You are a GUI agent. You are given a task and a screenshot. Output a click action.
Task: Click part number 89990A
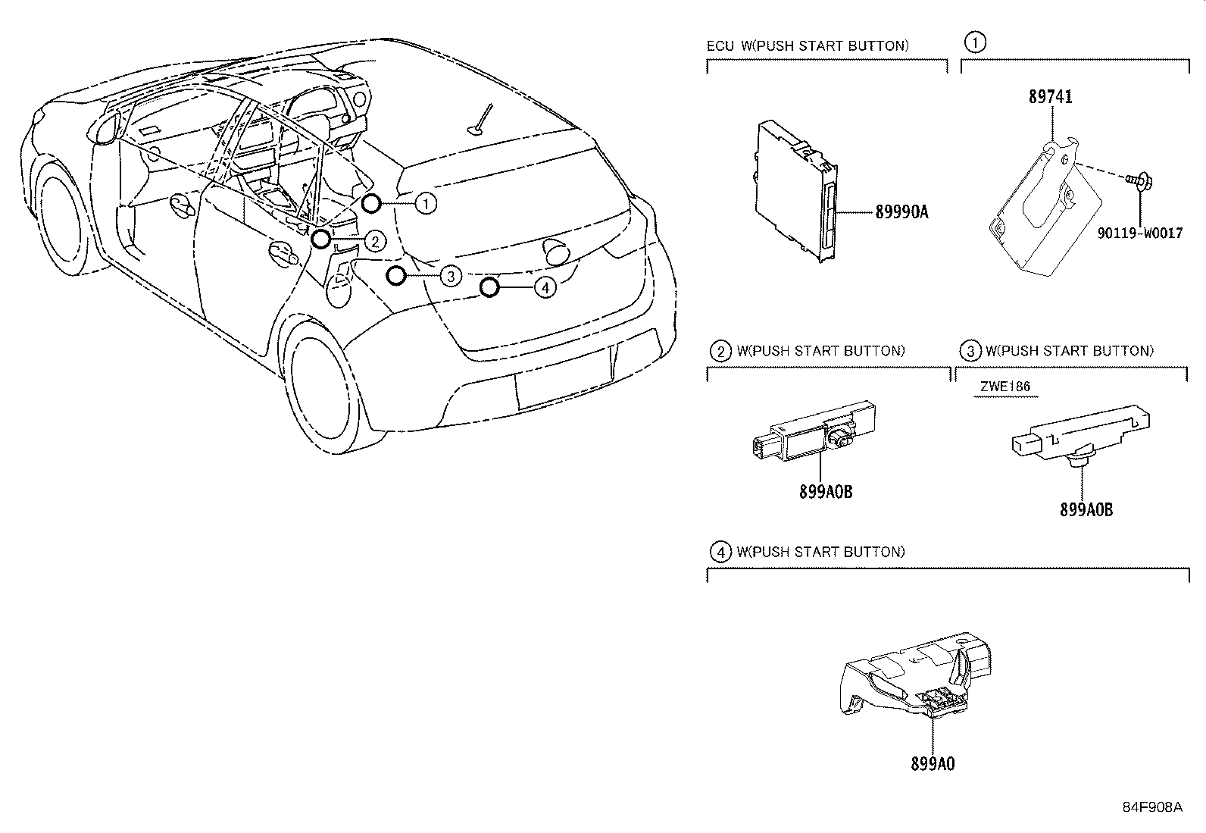[901, 213]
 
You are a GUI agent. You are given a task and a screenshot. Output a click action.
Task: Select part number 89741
[1050, 97]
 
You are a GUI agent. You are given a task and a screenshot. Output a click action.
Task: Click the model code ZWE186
[1005, 386]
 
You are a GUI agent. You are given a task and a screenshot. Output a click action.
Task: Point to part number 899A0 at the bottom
[933, 764]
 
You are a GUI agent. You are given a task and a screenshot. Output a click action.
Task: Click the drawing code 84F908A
[1152, 807]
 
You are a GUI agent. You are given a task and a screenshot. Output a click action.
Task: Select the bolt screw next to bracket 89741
[1132, 181]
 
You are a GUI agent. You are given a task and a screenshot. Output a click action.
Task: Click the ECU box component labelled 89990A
[795, 189]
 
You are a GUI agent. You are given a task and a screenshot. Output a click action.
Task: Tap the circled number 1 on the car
[426, 202]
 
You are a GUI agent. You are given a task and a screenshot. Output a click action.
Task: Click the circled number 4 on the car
[545, 287]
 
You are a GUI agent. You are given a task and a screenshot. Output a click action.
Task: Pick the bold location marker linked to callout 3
[395, 275]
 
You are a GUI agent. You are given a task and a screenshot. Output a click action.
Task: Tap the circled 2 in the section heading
[720, 351]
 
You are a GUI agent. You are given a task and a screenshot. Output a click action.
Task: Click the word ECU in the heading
[720, 45]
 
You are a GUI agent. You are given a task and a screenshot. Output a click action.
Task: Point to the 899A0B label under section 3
[1086, 509]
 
